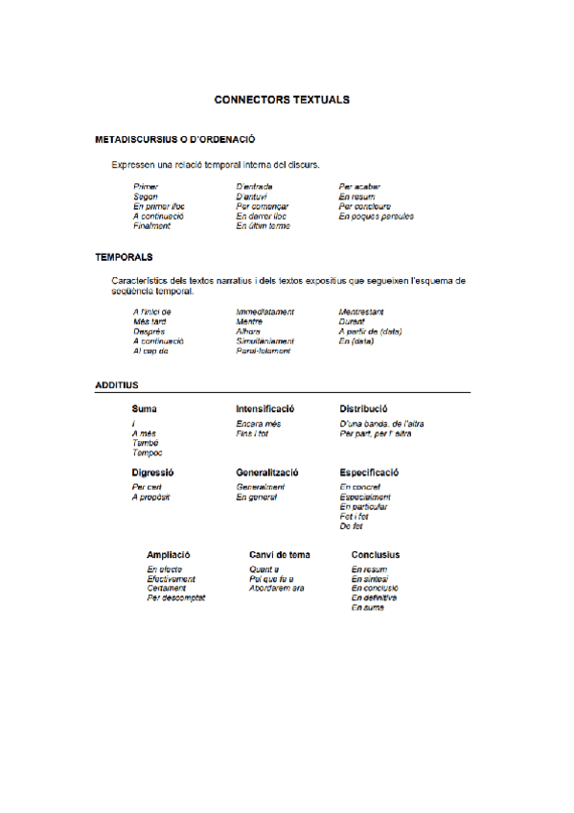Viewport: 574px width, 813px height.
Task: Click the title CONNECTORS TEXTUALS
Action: click(282, 99)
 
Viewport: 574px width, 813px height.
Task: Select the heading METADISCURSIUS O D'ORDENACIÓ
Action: click(173, 140)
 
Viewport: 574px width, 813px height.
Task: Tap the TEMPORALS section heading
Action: click(125, 257)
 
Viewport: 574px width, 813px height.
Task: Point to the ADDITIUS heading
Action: click(117, 384)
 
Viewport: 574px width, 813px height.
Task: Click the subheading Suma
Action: click(144, 408)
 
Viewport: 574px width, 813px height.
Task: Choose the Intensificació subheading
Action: click(264, 408)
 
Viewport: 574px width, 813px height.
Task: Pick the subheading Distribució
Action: click(363, 408)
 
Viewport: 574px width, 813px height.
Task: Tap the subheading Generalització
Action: click(267, 473)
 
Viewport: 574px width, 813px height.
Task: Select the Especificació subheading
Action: click(369, 473)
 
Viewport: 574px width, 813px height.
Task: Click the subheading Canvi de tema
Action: click(279, 555)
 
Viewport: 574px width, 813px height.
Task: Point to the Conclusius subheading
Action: click(376, 555)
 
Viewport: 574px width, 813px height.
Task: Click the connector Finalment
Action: click(151, 226)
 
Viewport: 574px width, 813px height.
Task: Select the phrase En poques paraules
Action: click(376, 216)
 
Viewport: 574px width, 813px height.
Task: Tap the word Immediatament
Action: click(264, 312)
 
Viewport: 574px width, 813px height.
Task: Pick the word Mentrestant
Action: click(361, 312)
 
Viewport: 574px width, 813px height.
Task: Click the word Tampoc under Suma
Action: click(147, 453)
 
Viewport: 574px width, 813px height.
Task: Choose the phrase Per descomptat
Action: click(175, 597)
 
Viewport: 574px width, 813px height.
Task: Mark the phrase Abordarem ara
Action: click(276, 588)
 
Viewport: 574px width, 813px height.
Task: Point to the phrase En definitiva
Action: click(374, 597)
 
